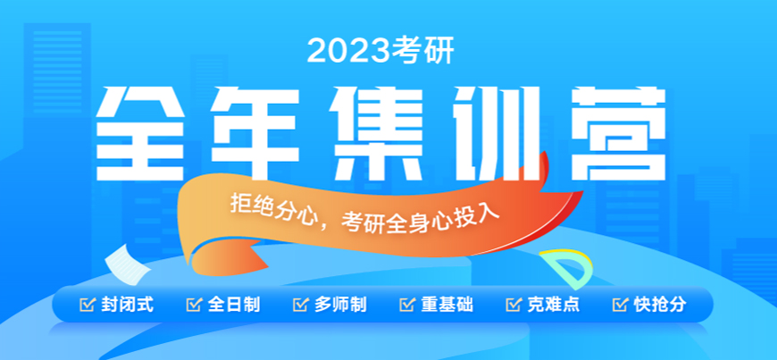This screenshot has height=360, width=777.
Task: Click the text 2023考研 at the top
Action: [380, 51]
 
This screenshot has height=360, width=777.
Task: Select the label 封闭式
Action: [129, 305]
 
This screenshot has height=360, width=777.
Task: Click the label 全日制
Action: [235, 305]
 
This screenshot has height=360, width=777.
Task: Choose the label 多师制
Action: [340, 305]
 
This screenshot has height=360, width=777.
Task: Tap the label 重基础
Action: [447, 305]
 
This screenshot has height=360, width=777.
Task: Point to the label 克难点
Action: [553, 305]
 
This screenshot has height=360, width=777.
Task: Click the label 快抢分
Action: [660, 305]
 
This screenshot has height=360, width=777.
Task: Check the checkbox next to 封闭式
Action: [87, 305]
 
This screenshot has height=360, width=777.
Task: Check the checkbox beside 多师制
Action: [299, 305]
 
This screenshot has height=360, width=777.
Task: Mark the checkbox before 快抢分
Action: [619, 305]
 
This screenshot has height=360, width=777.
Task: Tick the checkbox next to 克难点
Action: [513, 305]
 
